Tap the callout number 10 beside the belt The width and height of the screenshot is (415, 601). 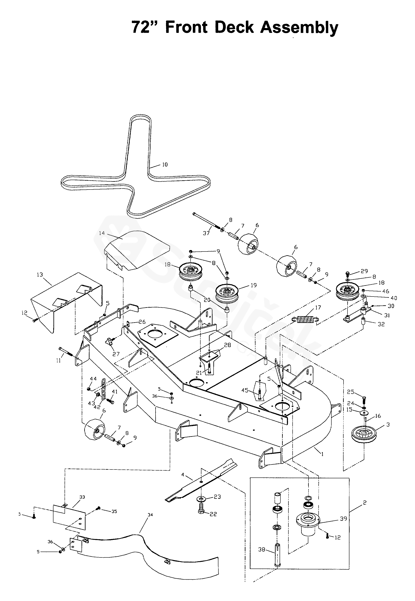pyautogui.click(x=165, y=164)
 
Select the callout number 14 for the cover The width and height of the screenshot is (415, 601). pyautogui.click(x=102, y=233)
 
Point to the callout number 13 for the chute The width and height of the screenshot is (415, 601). pyautogui.click(x=40, y=275)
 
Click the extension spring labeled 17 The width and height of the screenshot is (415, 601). pyautogui.click(x=306, y=319)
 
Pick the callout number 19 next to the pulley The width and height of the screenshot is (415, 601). pyautogui.click(x=254, y=285)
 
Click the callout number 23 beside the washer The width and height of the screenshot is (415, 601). pyautogui.click(x=217, y=497)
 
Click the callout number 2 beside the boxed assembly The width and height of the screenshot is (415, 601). pyautogui.click(x=364, y=502)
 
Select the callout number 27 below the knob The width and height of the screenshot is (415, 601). pyautogui.click(x=116, y=354)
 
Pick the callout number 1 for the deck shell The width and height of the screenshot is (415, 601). pyautogui.click(x=322, y=454)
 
